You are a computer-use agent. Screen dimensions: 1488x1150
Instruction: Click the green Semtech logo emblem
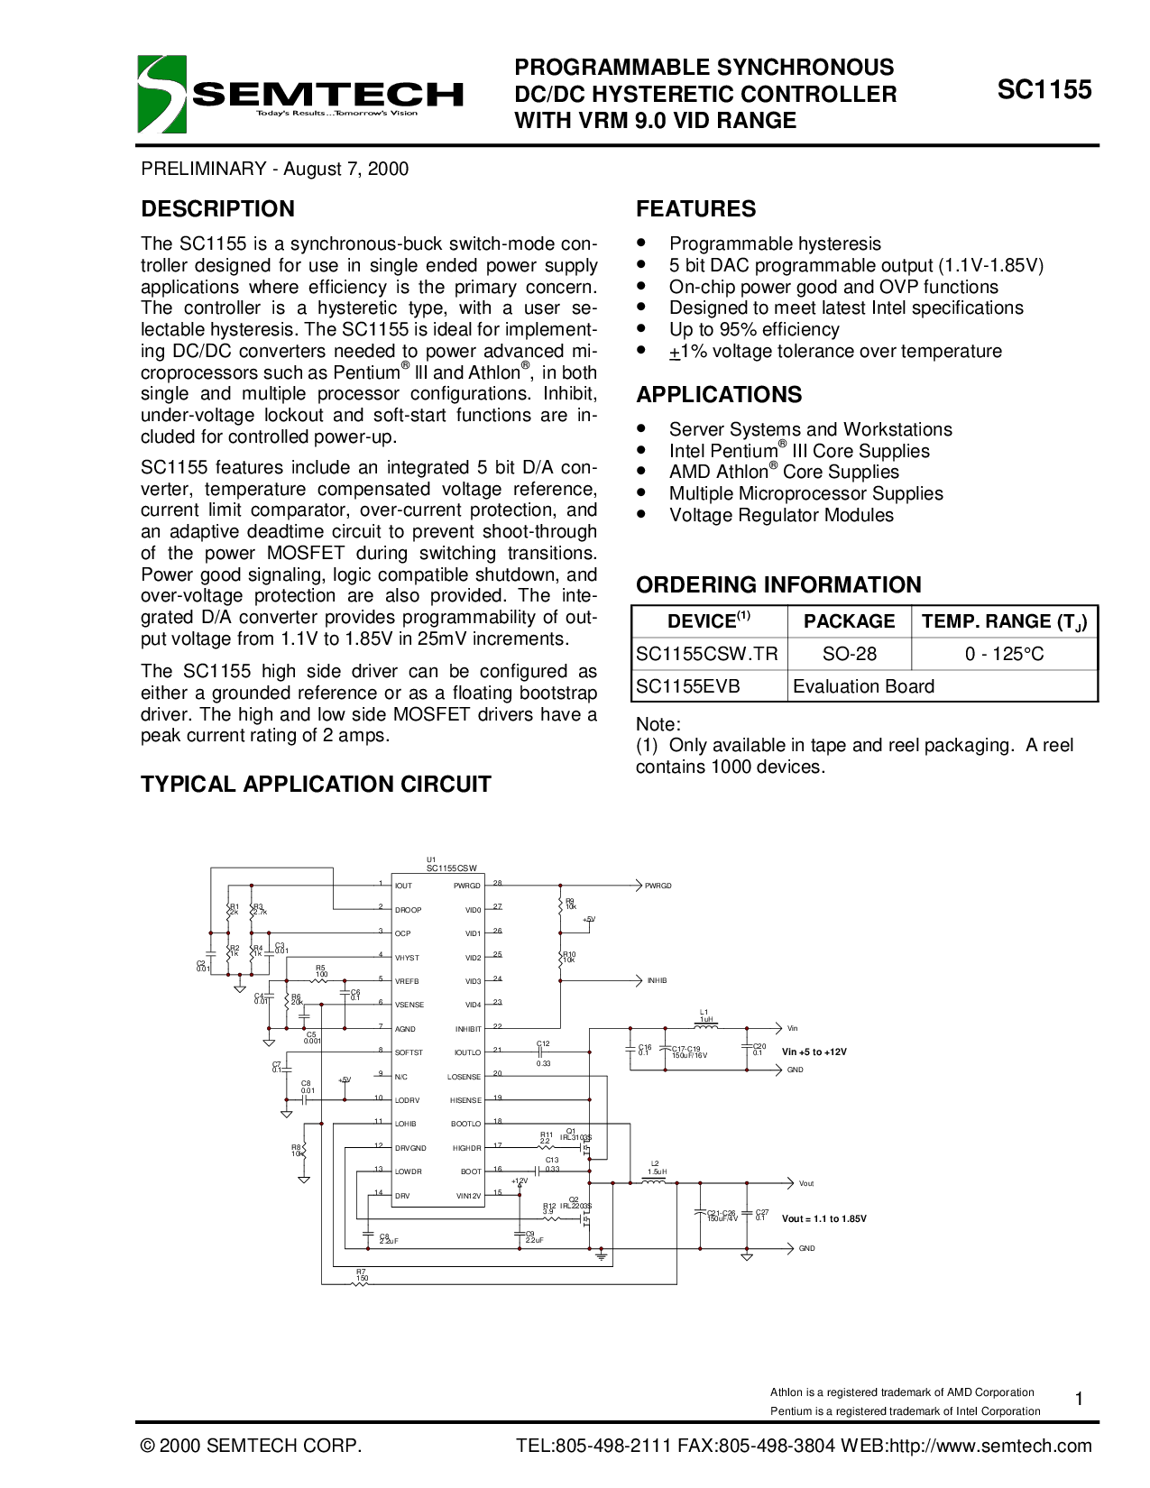click(x=161, y=94)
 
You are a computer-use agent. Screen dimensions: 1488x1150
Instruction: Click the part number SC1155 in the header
click(x=1044, y=90)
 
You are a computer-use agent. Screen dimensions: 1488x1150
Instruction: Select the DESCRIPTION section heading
click(x=217, y=209)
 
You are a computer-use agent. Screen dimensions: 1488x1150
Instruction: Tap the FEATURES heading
click(x=695, y=209)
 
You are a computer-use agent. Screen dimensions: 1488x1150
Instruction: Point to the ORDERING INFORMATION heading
click(x=778, y=585)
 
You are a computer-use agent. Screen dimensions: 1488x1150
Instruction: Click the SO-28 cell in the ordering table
click(x=849, y=654)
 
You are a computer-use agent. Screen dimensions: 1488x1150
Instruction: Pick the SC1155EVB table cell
click(x=688, y=686)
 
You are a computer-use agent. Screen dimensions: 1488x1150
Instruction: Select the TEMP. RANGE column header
click(x=1004, y=621)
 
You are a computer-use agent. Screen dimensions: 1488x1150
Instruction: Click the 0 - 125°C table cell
click(x=1004, y=654)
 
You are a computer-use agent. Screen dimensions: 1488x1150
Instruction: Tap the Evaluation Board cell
click(x=863, y=686)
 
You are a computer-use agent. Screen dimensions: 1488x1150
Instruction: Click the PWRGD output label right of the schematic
click(x=658, y=886)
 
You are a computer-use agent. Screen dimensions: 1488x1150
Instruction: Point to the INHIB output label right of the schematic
click(x=657, y=980)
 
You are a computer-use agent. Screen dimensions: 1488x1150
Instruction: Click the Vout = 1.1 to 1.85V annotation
click(x=823, y=1218)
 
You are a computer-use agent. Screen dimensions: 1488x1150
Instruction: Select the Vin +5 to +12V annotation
click(x=814, y=1052)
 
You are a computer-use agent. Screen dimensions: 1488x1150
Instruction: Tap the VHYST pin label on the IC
click(x=407, y=958)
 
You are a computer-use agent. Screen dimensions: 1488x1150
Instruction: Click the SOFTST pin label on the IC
click(x=409, y=1052)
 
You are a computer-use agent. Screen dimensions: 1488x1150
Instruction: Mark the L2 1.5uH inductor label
click(x=656, y=1168)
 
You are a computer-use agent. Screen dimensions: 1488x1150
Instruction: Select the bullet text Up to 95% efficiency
click(x=754, y=330)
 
